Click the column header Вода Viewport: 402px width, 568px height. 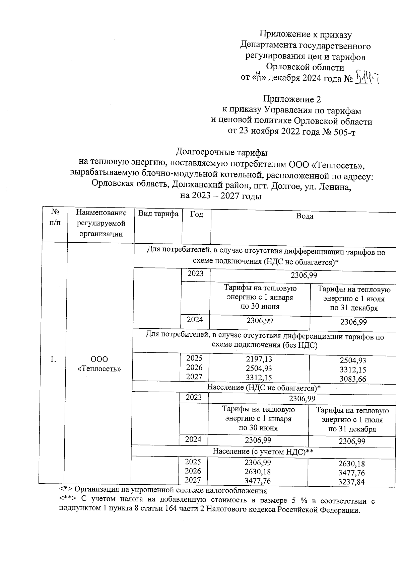(x=305, y=216)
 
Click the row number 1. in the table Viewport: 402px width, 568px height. (x=53, y=359)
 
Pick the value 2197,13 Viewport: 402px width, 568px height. (x=259, y=359)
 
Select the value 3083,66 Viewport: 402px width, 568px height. (x=353, y=379)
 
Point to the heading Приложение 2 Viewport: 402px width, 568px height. (x=292, y=99)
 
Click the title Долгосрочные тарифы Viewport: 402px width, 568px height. (x=222, y=153)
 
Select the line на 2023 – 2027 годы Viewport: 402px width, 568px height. (x=221, y=196)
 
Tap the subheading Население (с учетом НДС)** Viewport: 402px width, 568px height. (x=263, y=452)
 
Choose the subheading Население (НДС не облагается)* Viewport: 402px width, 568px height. (x=264, y=388)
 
